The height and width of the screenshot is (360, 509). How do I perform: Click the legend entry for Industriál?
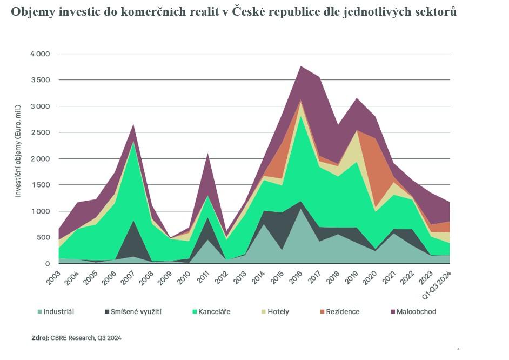pos(58,312)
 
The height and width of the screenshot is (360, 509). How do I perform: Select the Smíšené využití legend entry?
pos(135,312)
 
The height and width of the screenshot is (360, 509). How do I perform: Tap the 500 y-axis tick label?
pos(43,237)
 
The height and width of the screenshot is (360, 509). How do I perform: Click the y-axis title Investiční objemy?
pos(18,157)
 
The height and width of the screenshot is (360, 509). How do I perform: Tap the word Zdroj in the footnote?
pos(40,338)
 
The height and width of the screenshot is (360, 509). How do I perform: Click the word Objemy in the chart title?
pos(32,12)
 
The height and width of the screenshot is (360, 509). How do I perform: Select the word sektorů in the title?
pos(436,12)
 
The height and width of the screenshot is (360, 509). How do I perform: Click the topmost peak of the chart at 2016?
pos(300,66)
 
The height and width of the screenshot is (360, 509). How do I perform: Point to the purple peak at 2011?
pos(207,154)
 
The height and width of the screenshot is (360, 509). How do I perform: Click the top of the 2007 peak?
pos(133,125)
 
